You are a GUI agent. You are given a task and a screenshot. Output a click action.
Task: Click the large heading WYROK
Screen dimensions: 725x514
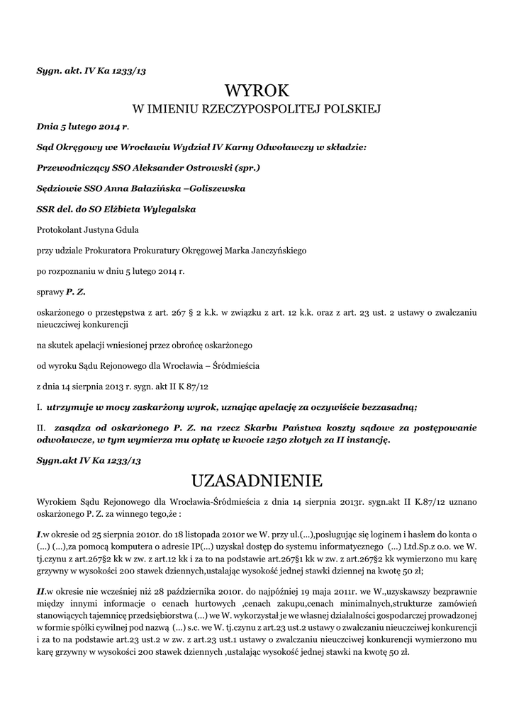coord(257,91)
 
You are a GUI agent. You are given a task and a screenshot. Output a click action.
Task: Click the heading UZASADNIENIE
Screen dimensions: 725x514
coord(257,481)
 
